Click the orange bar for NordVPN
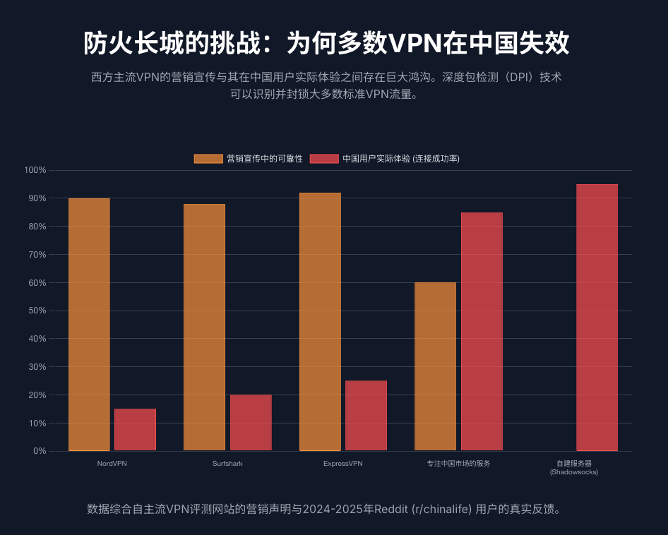tap(89, 324)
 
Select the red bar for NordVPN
tap(135, 429)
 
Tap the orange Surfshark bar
tap(204, 327)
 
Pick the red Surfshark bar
tap(251, 422)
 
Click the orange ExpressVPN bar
tap(320, 321)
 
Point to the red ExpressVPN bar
tap(366, 415)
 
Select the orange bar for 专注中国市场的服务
tap(435, 366)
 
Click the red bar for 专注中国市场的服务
tap(482, 331)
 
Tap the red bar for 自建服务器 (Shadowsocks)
tap(597, 317)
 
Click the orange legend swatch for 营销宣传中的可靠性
tap(208, 159)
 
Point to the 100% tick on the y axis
tap(35, 170)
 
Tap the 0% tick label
tap(39, 451)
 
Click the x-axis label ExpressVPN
tap(343, 464)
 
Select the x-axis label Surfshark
tap(227, 464)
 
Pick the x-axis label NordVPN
tap(112, 464)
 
